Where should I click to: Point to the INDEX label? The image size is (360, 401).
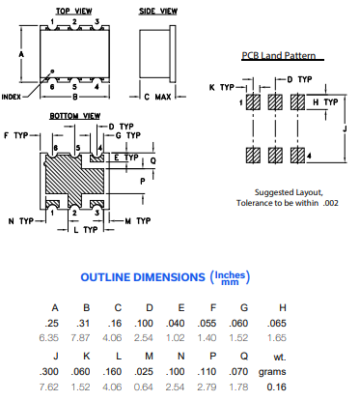pos(16,97)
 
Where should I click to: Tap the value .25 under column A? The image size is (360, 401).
pos(55,322)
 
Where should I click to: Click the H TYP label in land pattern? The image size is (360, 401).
pos(325,101)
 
